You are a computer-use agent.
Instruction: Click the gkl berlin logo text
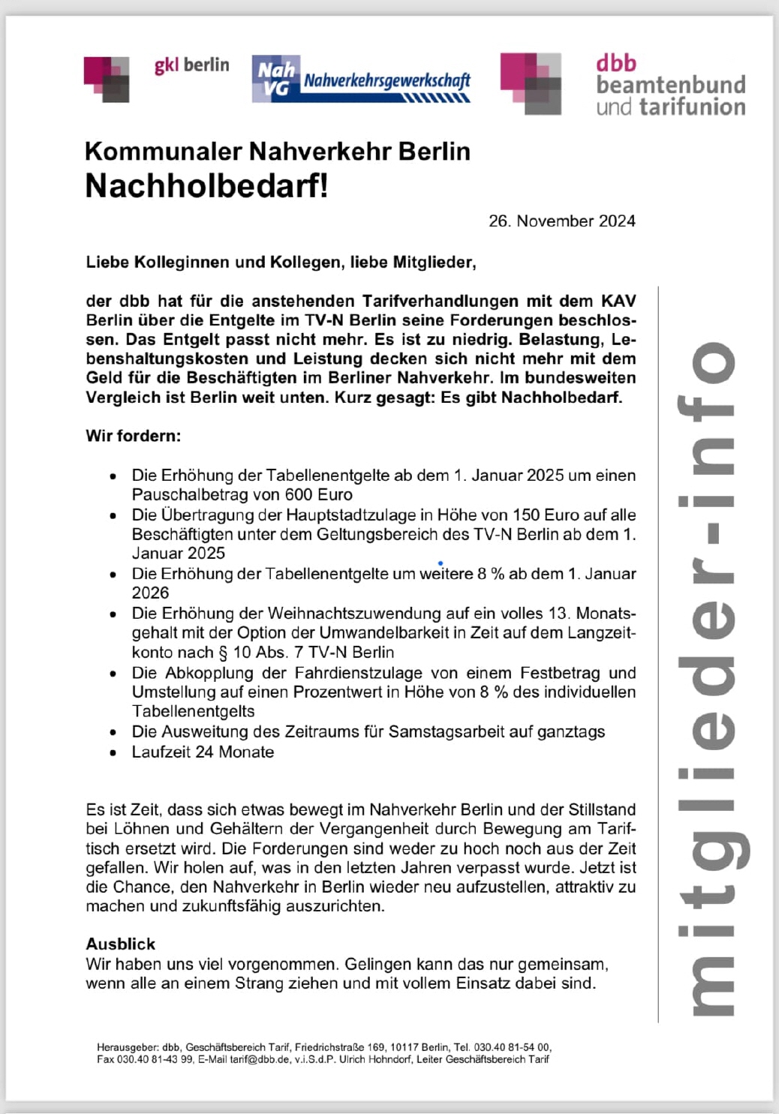click(191, 65)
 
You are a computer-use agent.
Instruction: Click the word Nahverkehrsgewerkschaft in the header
click(386, 80)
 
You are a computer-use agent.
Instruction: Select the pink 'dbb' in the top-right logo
click(616, 63)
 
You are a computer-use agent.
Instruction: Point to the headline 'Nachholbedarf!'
click(206, 186)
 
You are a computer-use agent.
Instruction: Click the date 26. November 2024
click(561, 221)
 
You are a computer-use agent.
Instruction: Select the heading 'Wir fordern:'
click(133, 436)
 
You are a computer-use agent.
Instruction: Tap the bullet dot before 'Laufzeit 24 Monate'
click(113, 753)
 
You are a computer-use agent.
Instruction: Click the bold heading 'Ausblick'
click(120, 944)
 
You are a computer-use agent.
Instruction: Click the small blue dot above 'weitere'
click(440, 563)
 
